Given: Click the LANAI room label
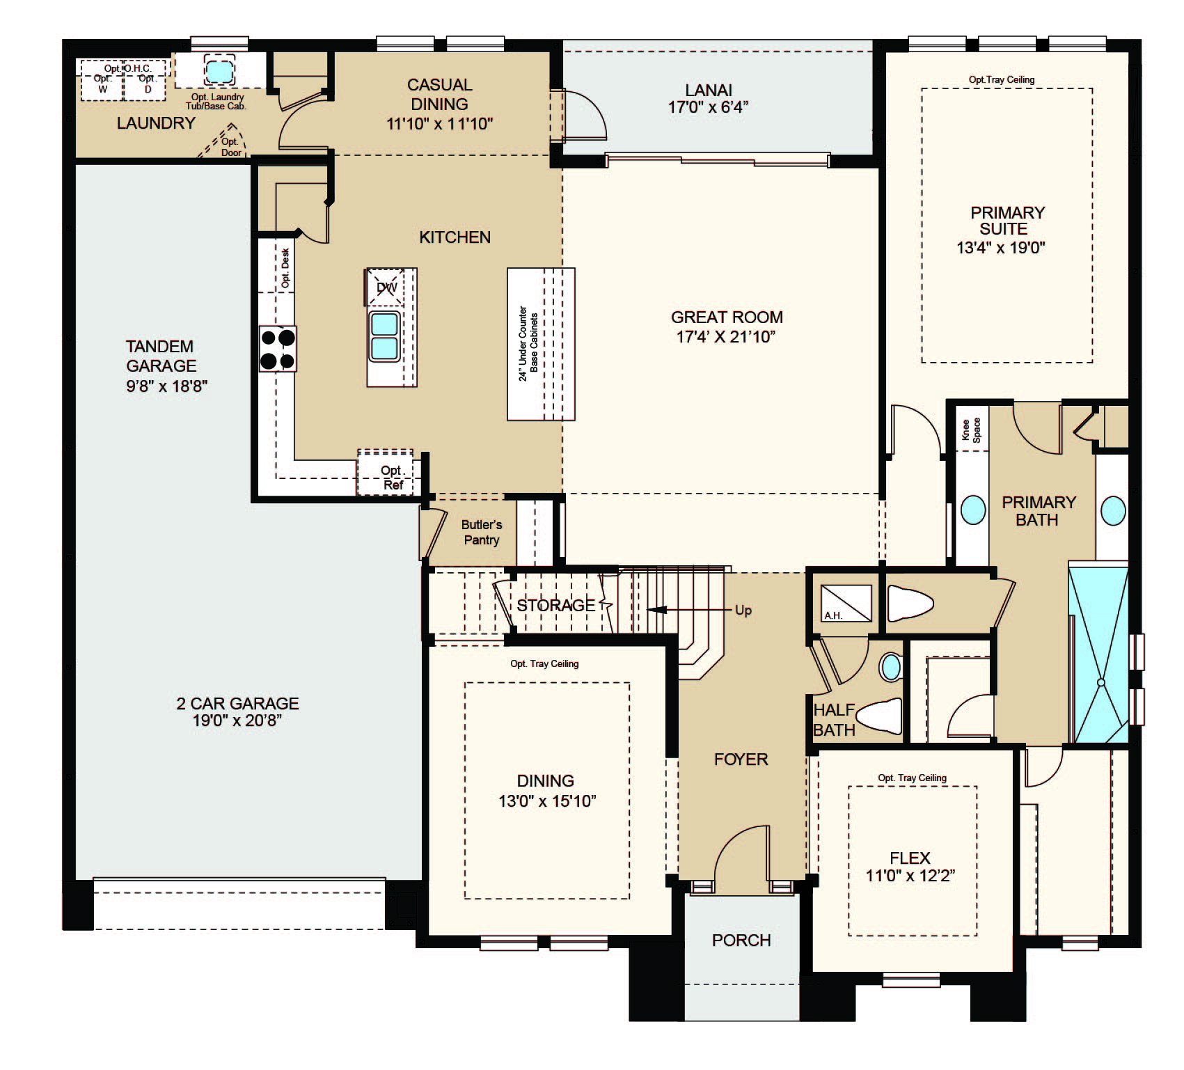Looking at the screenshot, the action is tap(709, 90).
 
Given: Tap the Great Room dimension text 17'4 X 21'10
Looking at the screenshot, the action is tap(727, 337).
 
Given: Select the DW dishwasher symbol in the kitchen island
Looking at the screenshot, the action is tap(386, 287).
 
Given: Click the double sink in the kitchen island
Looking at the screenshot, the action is tap(385, 336).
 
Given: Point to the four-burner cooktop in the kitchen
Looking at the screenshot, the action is tap(278, 349).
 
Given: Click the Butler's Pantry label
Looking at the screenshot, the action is tap(481, 532).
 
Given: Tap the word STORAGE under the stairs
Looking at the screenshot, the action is tap(555, 605).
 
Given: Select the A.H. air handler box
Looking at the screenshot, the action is tap(846, 603).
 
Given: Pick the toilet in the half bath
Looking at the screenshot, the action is tap(878, 716).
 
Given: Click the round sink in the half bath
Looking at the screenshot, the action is tap(890, 667).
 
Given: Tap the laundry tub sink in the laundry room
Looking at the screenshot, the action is tap(219, 70).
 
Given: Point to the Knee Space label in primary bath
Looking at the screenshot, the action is tap(971, 430).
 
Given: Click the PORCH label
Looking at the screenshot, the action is tap(741, 941).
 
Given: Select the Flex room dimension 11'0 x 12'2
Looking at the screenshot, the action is tap(910, 876).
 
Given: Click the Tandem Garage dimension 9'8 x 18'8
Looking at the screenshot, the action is tap(167, 386).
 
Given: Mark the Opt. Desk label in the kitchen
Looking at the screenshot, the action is tap(285, 269).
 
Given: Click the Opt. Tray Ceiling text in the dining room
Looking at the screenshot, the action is tap(544, 663).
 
